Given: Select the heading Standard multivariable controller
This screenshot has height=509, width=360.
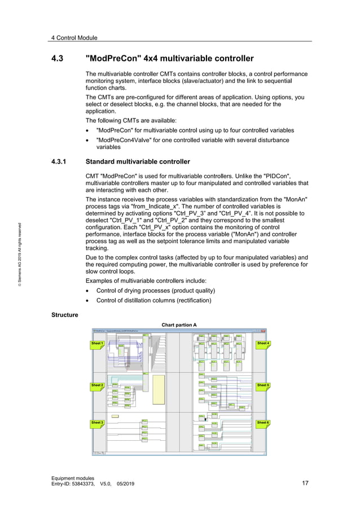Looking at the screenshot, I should point(137,161).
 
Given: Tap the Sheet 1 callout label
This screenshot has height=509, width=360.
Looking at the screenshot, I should point(97,343).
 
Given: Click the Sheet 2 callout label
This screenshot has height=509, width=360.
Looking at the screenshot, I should point(97,385).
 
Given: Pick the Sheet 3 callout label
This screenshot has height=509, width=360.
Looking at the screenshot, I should point(97,423).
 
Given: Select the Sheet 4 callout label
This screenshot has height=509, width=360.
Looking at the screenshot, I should point(263,343).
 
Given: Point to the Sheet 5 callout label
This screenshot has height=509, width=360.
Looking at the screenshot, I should point(263,385).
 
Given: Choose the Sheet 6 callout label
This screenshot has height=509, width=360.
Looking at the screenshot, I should point(263,423).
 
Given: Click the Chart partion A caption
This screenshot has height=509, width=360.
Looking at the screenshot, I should point(179,325).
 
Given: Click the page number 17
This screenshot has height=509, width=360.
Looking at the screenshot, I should point(305,483).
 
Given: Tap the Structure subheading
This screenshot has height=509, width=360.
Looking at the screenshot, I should point(64,314).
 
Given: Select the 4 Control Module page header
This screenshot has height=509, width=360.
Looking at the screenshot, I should point(74,38).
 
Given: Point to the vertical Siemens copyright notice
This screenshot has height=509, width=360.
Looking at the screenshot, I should point(20,257).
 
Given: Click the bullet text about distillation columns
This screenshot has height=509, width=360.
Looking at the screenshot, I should point(153,300).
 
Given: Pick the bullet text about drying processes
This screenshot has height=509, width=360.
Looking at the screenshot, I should point(155,291).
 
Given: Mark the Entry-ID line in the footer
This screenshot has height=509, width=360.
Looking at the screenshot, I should point(93,484).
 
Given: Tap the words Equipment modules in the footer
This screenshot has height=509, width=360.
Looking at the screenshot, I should point(73,477).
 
